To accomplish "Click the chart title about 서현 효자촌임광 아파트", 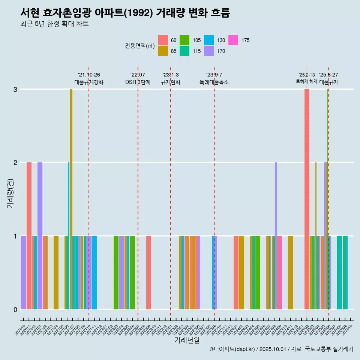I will point(125,13).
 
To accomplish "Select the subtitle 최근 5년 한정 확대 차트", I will point(54,24).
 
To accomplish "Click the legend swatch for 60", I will point(163,40).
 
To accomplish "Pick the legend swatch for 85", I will point(163,51).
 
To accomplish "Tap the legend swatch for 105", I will point(184,40).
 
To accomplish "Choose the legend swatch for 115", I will point(184,51).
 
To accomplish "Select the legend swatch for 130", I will point(209,40).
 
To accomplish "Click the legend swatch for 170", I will point(209,51).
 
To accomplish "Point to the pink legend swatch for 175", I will point(233,40).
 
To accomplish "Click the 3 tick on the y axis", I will point(15,89).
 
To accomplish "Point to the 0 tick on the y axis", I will point(15,309).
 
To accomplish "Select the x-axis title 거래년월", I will point(187,340).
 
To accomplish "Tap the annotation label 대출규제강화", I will point(89,82).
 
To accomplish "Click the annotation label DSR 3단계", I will point(138,82).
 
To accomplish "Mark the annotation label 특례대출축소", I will point(214,82).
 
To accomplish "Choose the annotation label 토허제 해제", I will point(307,81).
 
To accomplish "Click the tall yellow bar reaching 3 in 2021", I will point(71,199).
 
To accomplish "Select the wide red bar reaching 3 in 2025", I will point(307,199).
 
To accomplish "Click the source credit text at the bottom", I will point(281,349).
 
